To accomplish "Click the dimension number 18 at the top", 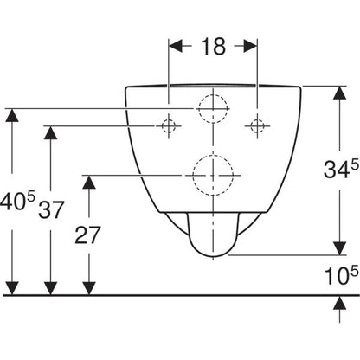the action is pyautogui.click(x=213, y=47).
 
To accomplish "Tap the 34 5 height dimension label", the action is pyautogui.click(x=341, y=169).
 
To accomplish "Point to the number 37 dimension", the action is pyautogui.click(x=51, y=210).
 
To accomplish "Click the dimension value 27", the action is pyautogui.click(x=87, y=235).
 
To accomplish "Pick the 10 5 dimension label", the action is pyautogui.click(x=342, y=275).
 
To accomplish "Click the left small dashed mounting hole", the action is pyautogui.click(x=169, y=126).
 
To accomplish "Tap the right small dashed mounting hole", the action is pyautogui.click(x=257, y=126).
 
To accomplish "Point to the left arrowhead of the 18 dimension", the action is pyautogui.click(x=176, y=46).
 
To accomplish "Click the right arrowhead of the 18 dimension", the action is pyautogui.click(x=250, y=46).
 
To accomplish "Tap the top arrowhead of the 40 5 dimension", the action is pyautogui.click(x=12, y=115).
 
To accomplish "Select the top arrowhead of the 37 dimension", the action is pyautogui.click(x=50, y=133).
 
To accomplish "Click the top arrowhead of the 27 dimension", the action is pyautogui.click(x=89, y=182).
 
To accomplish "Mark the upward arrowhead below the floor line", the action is pyautogui.click(x=340, y=303).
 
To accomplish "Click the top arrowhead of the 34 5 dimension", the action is pyautogui.click(x=340, y=93).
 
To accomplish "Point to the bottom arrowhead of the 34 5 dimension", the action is pyautogui.click(x=340, y=248).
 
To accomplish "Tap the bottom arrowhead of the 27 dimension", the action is pyautogui.click(x=89, y=288).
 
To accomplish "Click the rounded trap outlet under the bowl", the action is pyautogui.click(x=213, y=256).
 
